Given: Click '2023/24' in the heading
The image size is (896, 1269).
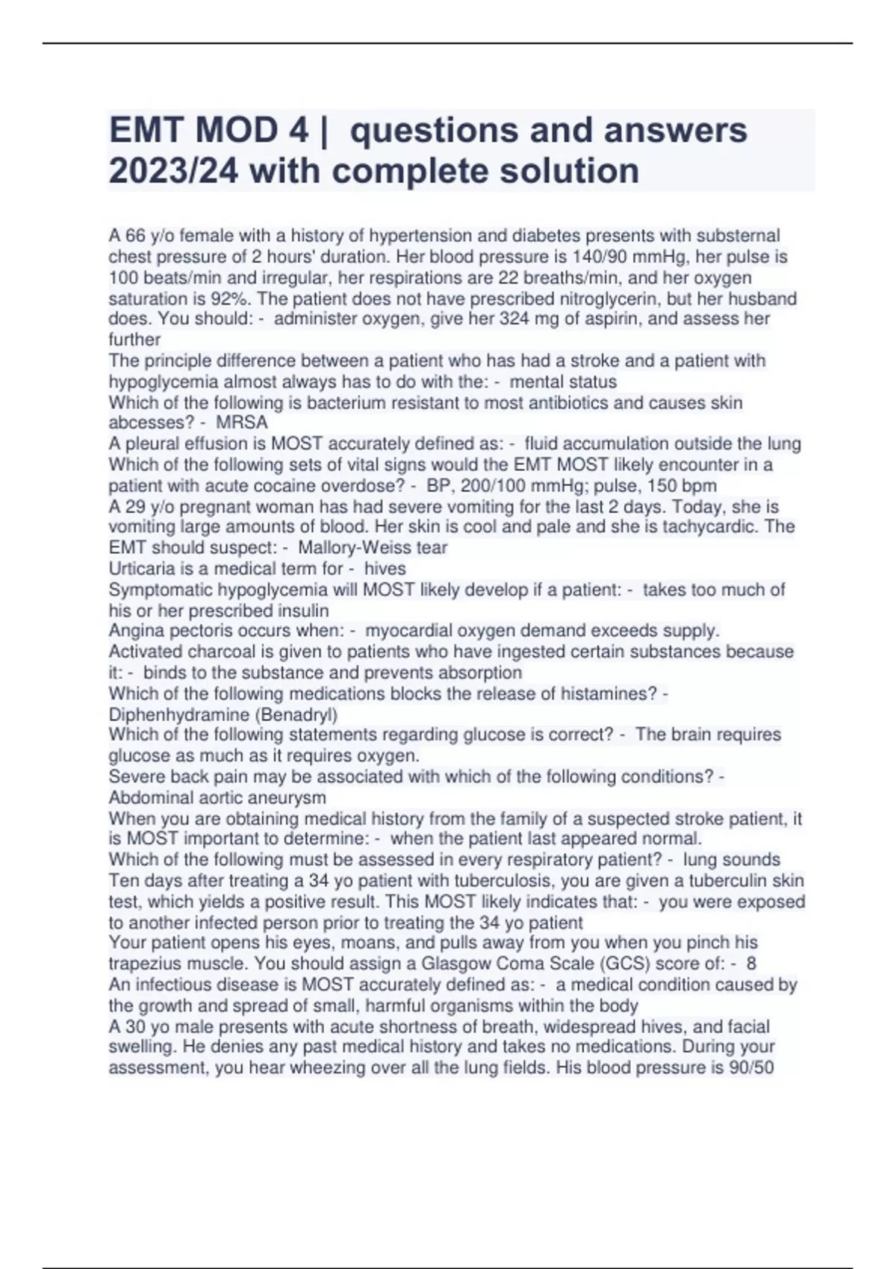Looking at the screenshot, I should tap(173, 171).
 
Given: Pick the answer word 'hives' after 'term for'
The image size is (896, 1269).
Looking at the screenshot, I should tap(385, 569).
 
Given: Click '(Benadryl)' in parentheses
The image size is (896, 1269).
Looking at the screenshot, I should tap(296, 714).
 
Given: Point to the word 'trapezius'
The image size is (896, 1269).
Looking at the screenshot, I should tap(146, 964).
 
